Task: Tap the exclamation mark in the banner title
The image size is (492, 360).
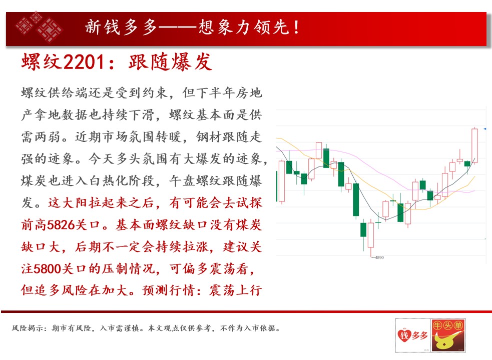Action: pyautogui.click(x=296, y=27)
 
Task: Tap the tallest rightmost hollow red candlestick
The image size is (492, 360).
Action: pyautogui.click(x=475, y=145)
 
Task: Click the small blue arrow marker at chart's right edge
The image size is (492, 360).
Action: pyautogui.click(x=485, y=129)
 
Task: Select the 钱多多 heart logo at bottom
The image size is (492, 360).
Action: pyautogui.click(x=412, y=335)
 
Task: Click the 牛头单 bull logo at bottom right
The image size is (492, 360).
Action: pyautogui.click(x=448, y=335)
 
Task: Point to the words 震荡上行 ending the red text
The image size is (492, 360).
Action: pyautogui.click(x=235, y=290)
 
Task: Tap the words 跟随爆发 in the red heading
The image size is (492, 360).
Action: pyautogui.click(x=170, y=62)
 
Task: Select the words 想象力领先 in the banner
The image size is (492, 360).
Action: pyautogui.click(x=244, y=27)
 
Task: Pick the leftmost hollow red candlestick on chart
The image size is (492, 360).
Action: pyautogui.click(x=282, y=181)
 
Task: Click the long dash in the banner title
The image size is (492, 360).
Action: pyautogui.click(x=178, y=27)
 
